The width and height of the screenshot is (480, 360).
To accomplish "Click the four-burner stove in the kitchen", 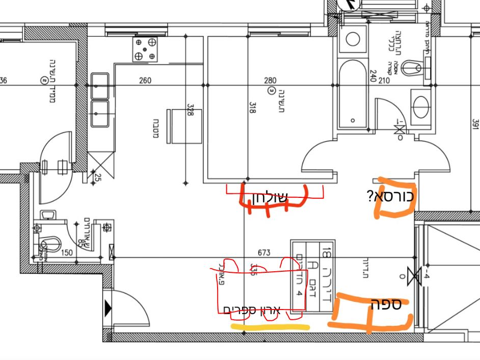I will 145,49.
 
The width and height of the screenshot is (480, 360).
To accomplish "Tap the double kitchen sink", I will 100,99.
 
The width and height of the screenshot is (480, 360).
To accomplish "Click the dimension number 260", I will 145,80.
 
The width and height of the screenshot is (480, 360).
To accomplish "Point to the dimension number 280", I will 270,80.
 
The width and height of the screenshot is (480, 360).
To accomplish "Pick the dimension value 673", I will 264,252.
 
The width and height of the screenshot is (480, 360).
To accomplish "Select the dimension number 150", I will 67,252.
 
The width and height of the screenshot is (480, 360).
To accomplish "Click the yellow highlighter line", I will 270,326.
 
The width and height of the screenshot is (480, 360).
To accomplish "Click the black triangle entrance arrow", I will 108,307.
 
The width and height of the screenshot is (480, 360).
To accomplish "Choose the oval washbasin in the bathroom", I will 421,107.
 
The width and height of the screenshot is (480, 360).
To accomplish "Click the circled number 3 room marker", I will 271,91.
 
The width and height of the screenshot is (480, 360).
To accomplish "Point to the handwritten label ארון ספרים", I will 252,310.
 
